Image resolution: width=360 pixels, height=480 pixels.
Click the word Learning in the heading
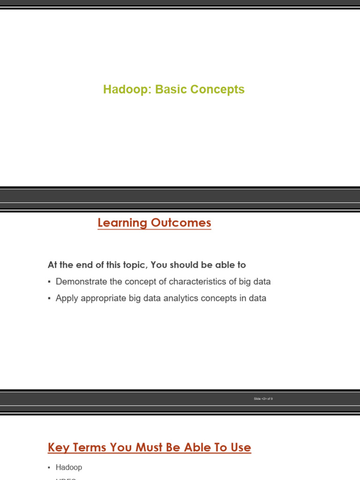tap(122, 223)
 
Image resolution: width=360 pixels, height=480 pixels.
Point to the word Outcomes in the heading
tap(181, 223)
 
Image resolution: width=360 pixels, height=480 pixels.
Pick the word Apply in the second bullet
tap(66, 298)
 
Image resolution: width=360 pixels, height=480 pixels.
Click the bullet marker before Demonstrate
tap(49, 282)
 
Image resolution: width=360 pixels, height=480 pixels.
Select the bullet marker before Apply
tap(49, 299)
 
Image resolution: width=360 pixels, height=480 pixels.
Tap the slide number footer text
tap(263, 398)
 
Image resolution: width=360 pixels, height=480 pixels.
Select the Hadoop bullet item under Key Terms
tap(68, 467)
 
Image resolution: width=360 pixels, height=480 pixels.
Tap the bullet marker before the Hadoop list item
tap(49, 468)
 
